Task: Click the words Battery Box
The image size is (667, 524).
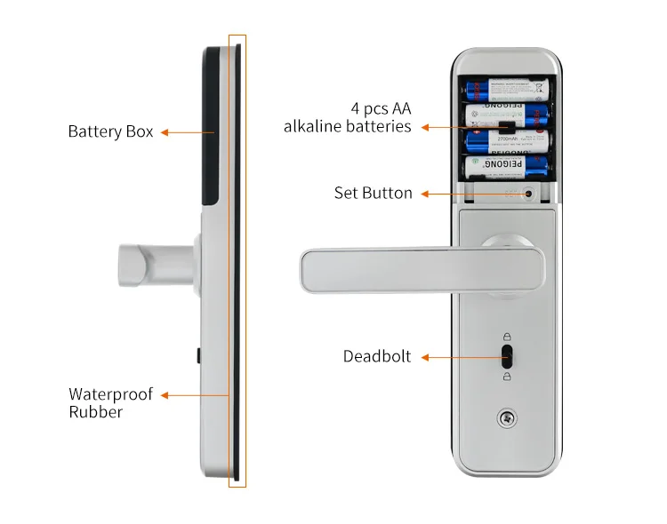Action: [x=110, y=131]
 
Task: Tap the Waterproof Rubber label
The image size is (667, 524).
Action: [x=110, y=402]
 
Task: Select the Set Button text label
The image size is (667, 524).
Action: [x=373, y=193]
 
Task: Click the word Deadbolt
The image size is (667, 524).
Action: [x=377, y=356]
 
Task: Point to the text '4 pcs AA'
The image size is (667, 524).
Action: [x=381, y=108]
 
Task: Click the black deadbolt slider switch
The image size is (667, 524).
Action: [x=507, y=357]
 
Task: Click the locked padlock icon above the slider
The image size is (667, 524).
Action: [x=507, y=337]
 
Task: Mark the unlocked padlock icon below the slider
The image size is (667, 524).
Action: [x=507, y=377]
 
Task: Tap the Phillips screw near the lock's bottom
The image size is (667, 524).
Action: [x=507, y=417]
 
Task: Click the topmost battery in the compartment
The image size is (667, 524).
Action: [x=506, y=90]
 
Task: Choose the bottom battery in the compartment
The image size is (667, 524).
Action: [x=506, y=166]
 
